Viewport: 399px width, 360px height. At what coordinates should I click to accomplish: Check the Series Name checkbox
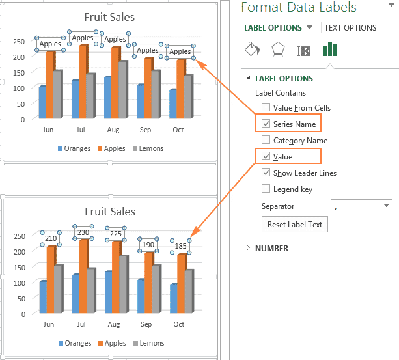[x=266, y=124]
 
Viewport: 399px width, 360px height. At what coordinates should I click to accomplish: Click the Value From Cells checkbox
[x=266, y=107]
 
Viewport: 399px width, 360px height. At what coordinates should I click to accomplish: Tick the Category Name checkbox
[x=266, y=140]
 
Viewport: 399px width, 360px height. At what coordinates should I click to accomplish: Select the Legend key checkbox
[x=266, y=189]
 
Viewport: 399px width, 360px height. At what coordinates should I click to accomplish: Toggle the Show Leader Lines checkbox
[x=266, y=173]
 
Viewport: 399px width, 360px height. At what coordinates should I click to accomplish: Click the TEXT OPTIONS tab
[x=350, y=28]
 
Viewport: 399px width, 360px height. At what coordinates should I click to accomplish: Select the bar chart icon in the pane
[x=330, y=50]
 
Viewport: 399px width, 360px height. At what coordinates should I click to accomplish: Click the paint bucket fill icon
[x=252, y=50]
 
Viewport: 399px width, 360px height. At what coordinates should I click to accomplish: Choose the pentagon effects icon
[x=278, y=50]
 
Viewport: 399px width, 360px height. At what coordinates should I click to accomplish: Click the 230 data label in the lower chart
[x=83, y=232]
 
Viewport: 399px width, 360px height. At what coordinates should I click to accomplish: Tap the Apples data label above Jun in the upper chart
[x=50, y=44]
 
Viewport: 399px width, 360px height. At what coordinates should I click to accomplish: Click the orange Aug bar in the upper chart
[x=116, y=82]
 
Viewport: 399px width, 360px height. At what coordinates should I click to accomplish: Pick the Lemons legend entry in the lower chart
[x=148, y=343]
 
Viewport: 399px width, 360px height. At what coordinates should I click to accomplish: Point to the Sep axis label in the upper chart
[x=146, y=130]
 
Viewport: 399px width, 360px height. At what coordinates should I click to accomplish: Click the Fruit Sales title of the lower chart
[x=110, y=212]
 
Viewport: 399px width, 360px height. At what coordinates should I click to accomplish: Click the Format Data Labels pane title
[x=299, y=8]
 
